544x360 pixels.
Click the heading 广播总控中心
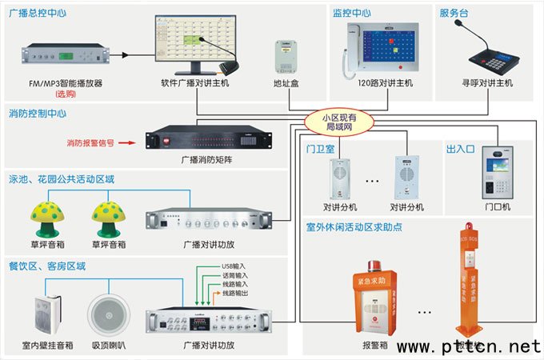38,12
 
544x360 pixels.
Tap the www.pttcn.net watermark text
471,347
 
